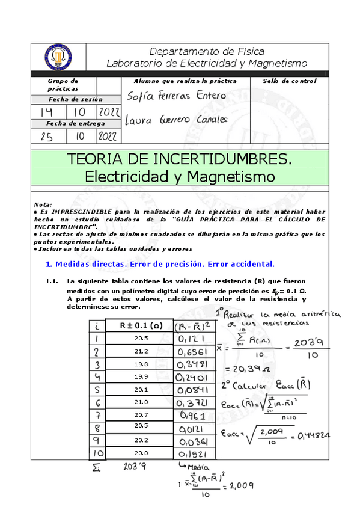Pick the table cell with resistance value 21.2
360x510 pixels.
click(141, 351)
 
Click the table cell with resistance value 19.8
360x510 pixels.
click(141, 364)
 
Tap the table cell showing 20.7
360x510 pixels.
click(141, 415)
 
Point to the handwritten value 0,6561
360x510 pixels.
click(192, 351)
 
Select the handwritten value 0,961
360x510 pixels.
click(192, 416)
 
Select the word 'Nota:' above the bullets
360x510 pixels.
click(43, 204)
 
